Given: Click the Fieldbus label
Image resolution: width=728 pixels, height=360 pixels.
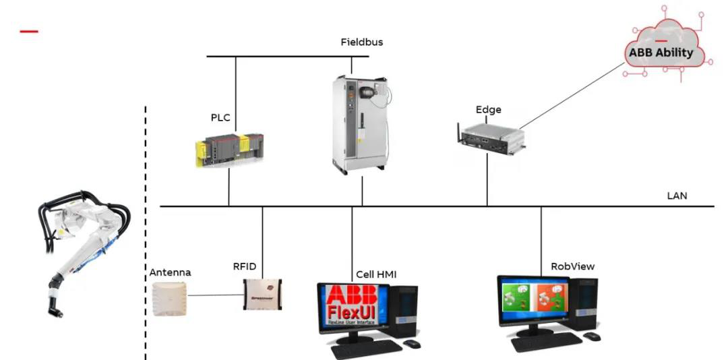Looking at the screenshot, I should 361,42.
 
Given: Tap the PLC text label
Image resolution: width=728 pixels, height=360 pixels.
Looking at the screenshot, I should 220,118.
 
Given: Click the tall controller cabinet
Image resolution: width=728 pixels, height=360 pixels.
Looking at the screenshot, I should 361,122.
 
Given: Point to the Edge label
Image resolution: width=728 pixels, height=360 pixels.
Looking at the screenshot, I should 489,110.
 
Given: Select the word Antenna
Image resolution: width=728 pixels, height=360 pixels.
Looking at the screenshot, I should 170,272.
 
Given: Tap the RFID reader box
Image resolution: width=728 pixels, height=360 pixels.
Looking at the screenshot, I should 262,295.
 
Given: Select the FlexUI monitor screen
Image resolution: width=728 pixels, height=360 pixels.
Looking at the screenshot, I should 353,307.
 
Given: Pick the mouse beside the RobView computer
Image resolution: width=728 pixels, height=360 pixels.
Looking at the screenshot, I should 591,336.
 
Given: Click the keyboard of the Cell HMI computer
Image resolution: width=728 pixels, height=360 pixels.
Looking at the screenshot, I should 365,348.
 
